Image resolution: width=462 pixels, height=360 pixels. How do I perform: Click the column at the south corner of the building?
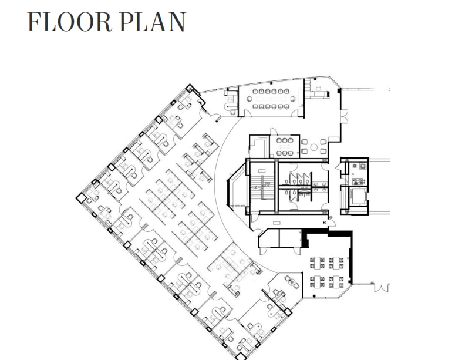(239, 355)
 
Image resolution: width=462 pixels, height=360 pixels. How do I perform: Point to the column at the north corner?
(189, 88)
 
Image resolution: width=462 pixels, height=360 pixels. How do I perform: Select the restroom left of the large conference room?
(231, 100)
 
